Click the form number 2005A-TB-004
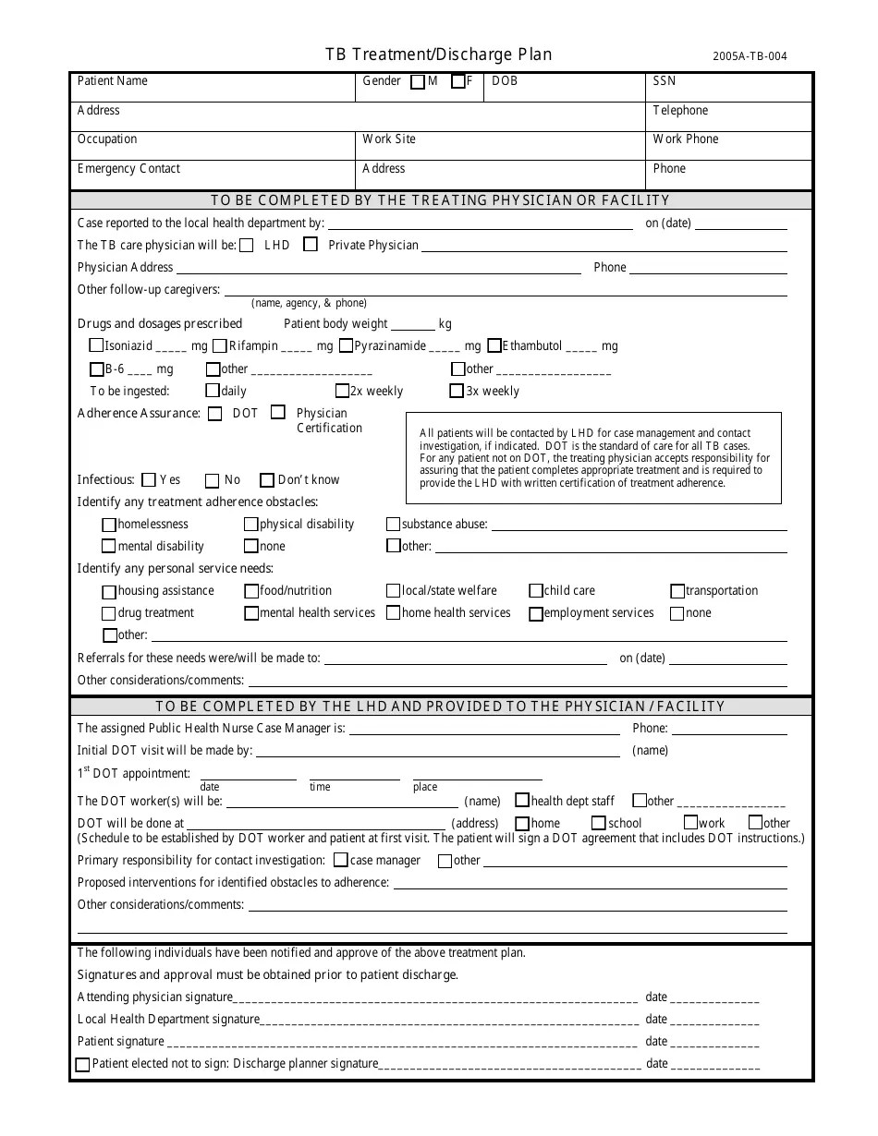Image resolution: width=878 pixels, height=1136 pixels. (750, 56)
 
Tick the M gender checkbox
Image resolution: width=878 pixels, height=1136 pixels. (418, 81)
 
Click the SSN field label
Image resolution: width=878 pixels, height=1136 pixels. (664, 81)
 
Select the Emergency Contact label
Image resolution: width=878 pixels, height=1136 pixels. (128, 169)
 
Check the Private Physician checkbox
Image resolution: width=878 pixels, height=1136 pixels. (311, 245)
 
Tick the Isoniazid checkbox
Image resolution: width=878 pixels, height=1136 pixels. (96, 346)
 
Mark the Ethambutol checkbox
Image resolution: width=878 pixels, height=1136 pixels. (494, 346)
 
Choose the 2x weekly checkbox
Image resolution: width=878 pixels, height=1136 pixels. (343, 391)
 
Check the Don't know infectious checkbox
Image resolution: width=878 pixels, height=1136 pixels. (267, 480)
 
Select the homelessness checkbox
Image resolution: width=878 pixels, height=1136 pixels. (110, 525)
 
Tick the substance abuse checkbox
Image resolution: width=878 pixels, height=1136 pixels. (394, 525)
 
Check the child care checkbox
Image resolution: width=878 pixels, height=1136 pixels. (536, 591)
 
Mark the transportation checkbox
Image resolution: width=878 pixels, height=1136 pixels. (678, 591)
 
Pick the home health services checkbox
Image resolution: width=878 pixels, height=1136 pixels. (394, 613)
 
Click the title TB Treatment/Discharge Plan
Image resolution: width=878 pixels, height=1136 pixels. (438, 54)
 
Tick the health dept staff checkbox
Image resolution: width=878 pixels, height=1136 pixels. (522, 801)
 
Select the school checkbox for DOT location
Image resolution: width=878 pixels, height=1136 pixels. (599, 823)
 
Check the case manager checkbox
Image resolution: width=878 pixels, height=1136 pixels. (341, 861)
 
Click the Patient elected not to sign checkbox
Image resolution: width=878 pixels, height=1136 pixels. (83, 1065)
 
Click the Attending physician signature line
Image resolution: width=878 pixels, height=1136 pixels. (434, 998)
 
